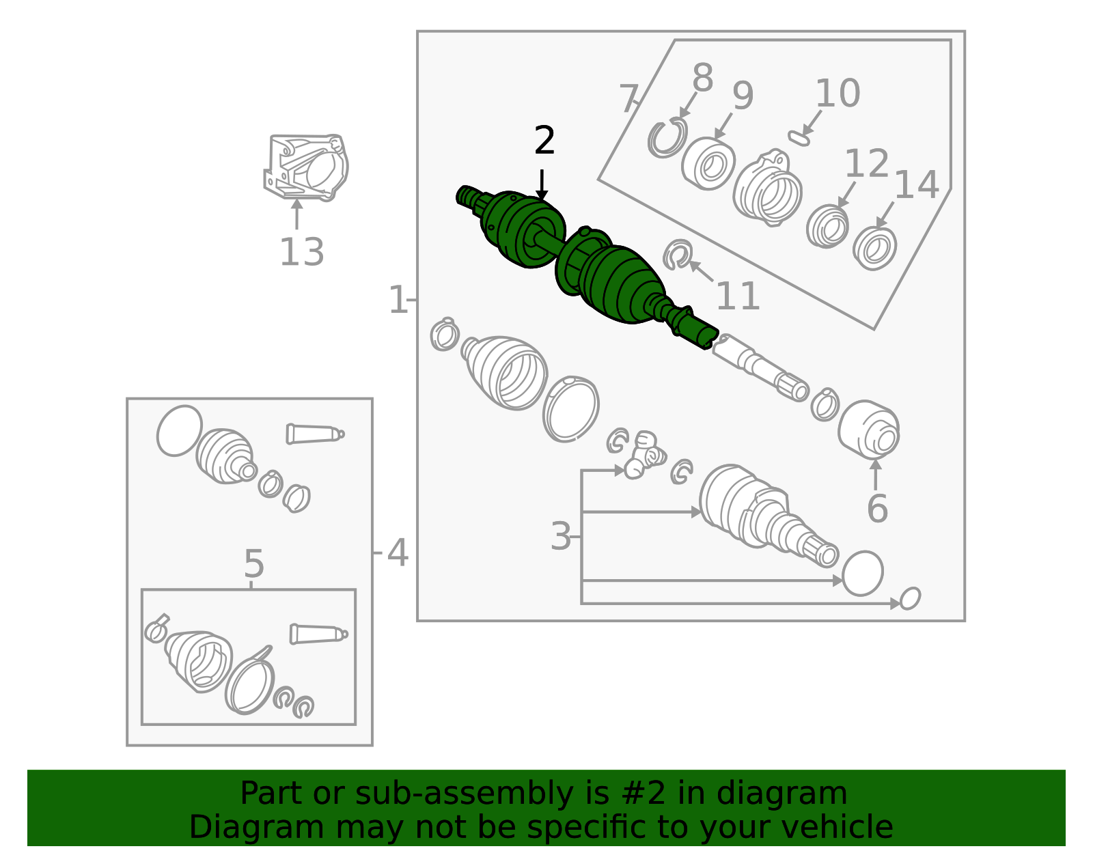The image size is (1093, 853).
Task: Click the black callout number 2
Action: [x=544, y=140]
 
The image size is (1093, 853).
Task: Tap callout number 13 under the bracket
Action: [x=302, y=252]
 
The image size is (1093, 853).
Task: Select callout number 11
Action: [x=737, y=296]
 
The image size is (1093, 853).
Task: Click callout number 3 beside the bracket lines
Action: [x=561, y=536]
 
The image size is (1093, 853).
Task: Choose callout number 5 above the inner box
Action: [x=253, y=563]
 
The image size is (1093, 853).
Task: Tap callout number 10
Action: [x=838, y=93]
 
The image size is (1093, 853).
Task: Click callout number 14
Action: [x=917, y=184]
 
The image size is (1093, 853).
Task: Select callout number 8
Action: [x=703, y=77]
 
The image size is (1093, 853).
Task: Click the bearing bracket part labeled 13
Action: [x=306, y=167]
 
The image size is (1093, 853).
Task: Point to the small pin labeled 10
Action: [x=799, y=138]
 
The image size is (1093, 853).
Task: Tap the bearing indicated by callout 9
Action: [x=708, y=164]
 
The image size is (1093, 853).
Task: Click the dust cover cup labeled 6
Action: [x=868, y=430]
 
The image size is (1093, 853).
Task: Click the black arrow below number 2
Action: [x=542, y=185]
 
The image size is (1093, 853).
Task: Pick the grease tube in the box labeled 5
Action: [x=318, y=634]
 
